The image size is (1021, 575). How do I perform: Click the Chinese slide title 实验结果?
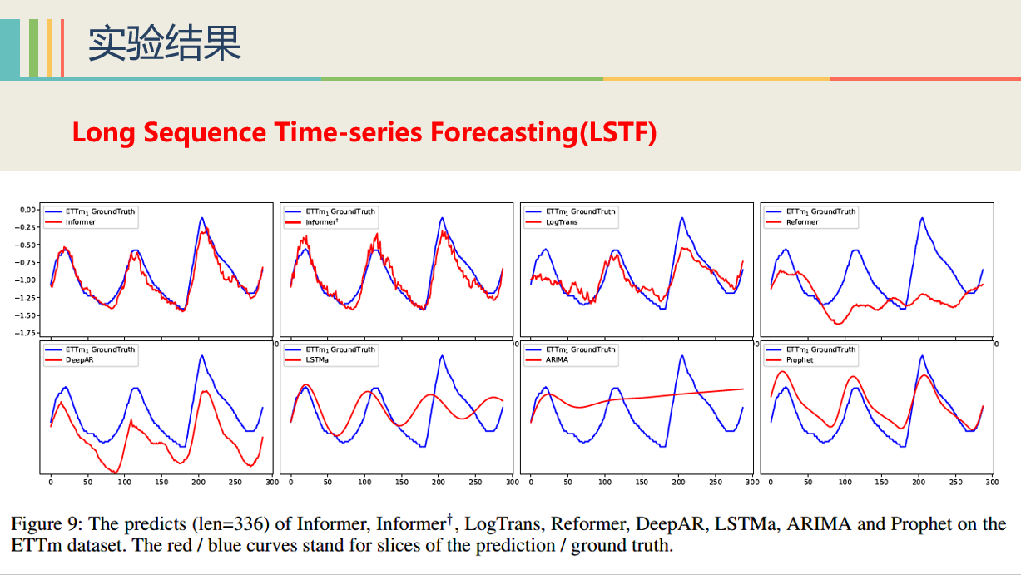tap(164, 43)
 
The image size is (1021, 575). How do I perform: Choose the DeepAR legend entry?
tap(80, 360)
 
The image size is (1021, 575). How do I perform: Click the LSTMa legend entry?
tap(317, 360)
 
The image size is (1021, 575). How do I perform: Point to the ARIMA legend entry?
tap(558, 360)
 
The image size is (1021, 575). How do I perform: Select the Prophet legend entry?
tap(800, 360)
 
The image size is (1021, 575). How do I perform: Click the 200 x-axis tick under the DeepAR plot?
tap(198, 482)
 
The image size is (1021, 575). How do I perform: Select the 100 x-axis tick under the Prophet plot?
tap(845, 482)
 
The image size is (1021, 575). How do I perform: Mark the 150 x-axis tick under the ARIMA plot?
tap(642, 482)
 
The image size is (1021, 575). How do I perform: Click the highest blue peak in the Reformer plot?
tap(921, 218)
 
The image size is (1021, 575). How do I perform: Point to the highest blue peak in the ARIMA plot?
tap(681, 356)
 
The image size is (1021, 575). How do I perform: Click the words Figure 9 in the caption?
tap(44, 524)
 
